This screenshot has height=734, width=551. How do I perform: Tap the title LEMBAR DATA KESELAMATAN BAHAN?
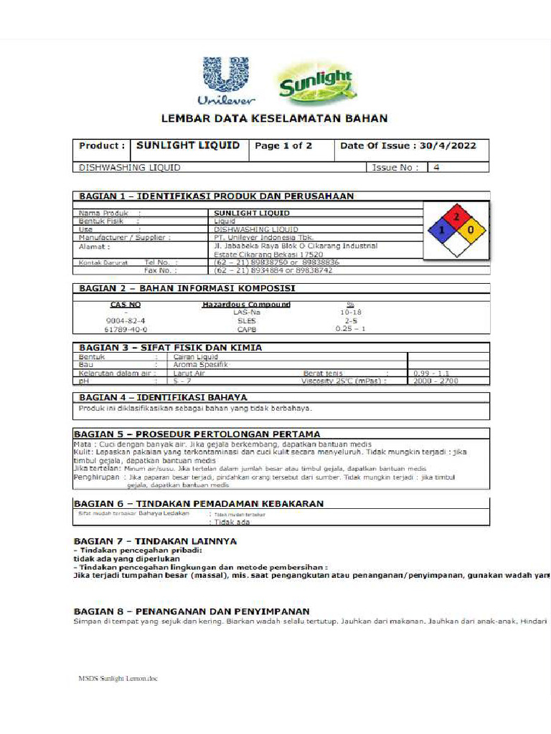coord(274,118)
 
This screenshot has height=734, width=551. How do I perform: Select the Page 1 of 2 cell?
coord(283,146)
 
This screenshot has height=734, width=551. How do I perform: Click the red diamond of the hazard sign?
coord(456,215)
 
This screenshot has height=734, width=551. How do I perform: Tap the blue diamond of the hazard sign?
coord(441,230)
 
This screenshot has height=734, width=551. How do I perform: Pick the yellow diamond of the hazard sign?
coord(471,230)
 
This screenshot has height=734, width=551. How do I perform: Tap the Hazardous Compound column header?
coord(246,304)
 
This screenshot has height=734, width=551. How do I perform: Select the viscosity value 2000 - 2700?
coord(435,381)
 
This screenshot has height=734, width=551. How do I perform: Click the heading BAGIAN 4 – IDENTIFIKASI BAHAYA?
coord(163,397)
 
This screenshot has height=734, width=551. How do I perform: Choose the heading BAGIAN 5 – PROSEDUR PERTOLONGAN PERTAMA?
coord(197,434)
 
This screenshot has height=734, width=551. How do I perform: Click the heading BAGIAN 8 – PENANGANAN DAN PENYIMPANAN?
coord(192,611)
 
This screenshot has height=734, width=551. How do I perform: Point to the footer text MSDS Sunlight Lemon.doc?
coord(118,677)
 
